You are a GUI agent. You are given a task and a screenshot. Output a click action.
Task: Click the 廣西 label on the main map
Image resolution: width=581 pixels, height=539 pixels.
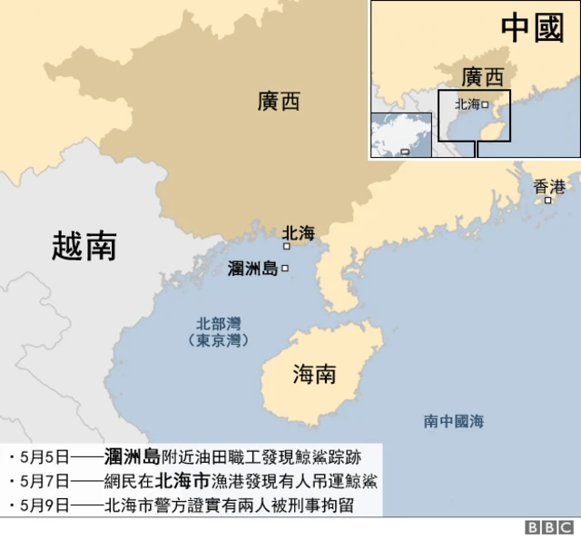point(279,103)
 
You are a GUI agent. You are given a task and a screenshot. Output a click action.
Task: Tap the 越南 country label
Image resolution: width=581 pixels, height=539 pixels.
point(84,246)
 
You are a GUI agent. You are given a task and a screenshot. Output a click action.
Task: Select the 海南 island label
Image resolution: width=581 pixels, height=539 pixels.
point(315,374)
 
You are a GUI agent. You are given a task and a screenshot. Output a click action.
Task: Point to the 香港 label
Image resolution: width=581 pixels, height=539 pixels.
point(548,187)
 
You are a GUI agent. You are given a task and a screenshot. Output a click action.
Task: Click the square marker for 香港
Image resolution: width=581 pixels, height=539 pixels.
point(547,201)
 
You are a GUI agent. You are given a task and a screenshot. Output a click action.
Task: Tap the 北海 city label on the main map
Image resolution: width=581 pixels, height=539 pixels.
point(299,233)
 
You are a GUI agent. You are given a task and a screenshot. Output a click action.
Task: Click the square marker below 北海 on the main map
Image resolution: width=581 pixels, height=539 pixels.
point(287,246)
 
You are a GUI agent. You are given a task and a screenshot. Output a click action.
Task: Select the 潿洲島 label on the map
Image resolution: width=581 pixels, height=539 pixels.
point(253,269)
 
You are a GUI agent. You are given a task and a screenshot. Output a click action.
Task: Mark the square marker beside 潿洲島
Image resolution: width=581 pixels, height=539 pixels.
point(285,269)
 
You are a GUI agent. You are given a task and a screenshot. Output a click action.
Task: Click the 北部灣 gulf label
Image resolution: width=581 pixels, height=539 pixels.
point(219,323)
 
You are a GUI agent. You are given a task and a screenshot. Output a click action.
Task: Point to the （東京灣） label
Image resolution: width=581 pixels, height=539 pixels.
point(219,340)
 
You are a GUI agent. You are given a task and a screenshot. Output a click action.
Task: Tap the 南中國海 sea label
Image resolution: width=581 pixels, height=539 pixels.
point(453,421)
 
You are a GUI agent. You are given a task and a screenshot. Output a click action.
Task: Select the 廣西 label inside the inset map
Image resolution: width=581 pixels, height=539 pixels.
point(481,76)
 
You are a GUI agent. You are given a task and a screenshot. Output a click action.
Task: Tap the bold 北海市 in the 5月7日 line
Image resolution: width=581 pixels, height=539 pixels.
point(183,481)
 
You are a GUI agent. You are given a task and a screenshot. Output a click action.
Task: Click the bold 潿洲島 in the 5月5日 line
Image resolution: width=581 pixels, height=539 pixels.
point(133,456)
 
